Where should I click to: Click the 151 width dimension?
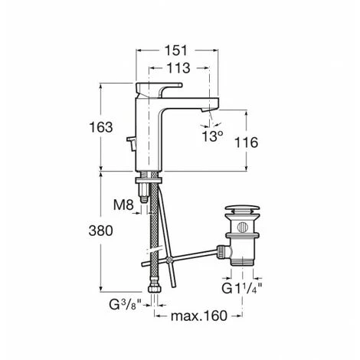click(x=176, y=51)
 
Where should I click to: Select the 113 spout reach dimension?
click(x=178, y=68)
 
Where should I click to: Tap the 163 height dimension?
click(x=101, y=127)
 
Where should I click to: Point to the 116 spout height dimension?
click(x=246, y=142)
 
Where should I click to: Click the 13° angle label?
click(x=212, y=136)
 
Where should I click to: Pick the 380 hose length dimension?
click(x=101, y=231)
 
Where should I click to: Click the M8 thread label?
click(x=123, y=205)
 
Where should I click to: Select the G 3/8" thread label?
click(x=126, y=304)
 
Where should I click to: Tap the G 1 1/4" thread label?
click(x=242, y=289)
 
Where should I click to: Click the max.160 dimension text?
click(x=198, y=316)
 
